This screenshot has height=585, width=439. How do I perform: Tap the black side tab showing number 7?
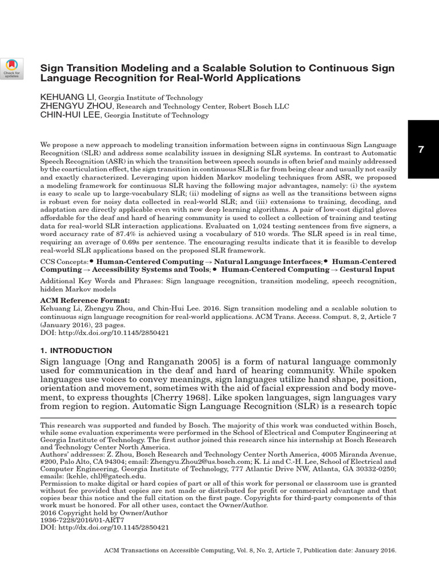[422, 150]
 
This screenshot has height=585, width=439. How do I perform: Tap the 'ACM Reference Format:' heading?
[85, 300]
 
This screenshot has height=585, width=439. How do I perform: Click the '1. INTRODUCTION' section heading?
[76, 350]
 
